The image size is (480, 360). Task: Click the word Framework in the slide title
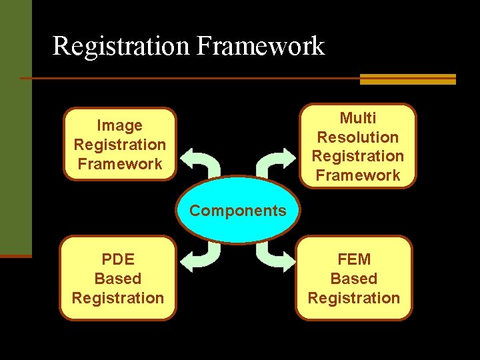point(260,46)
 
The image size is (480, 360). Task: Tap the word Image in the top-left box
point(120,125)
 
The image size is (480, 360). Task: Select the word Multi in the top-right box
point(358,118)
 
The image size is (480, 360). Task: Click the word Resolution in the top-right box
point(358,137)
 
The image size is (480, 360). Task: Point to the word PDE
point(118,259)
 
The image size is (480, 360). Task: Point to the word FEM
point(354,259)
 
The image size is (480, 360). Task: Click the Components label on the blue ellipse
point(237,211)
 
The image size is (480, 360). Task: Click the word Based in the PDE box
point(118,279)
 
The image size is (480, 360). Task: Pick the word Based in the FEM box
point(354,279)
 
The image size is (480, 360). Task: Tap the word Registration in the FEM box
point(354,298)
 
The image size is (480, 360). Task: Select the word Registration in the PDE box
point(118,298)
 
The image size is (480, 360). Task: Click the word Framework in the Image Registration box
point(120,164)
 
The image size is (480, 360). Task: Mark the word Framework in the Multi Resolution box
point(358,175)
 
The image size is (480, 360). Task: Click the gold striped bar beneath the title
point(407,79)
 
